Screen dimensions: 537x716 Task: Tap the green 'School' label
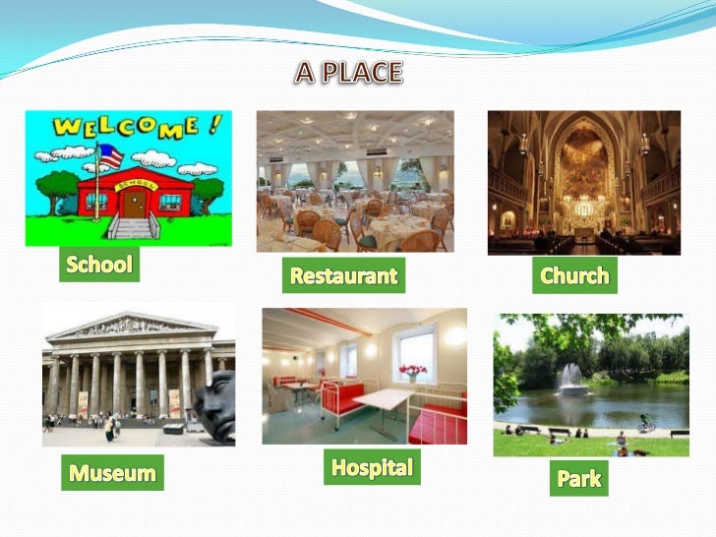[x=98, y=264]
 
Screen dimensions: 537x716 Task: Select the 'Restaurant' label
[x=343, y=276]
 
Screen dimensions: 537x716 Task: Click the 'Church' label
[x=574, y=275]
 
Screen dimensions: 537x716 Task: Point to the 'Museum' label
[x=112, y=473]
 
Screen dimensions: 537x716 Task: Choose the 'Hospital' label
[x=371, y=467]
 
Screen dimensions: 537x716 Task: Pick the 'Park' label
[x=578, y=478]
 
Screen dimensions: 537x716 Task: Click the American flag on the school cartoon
[x=110, y=155]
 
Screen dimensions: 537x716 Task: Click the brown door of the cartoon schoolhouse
[x=134, y=202]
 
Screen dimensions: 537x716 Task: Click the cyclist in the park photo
[x=645, y=422]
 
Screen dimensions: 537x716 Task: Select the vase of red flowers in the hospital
[x=412, y=372]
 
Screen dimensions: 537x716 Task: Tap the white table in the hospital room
[x=384, y=400]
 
